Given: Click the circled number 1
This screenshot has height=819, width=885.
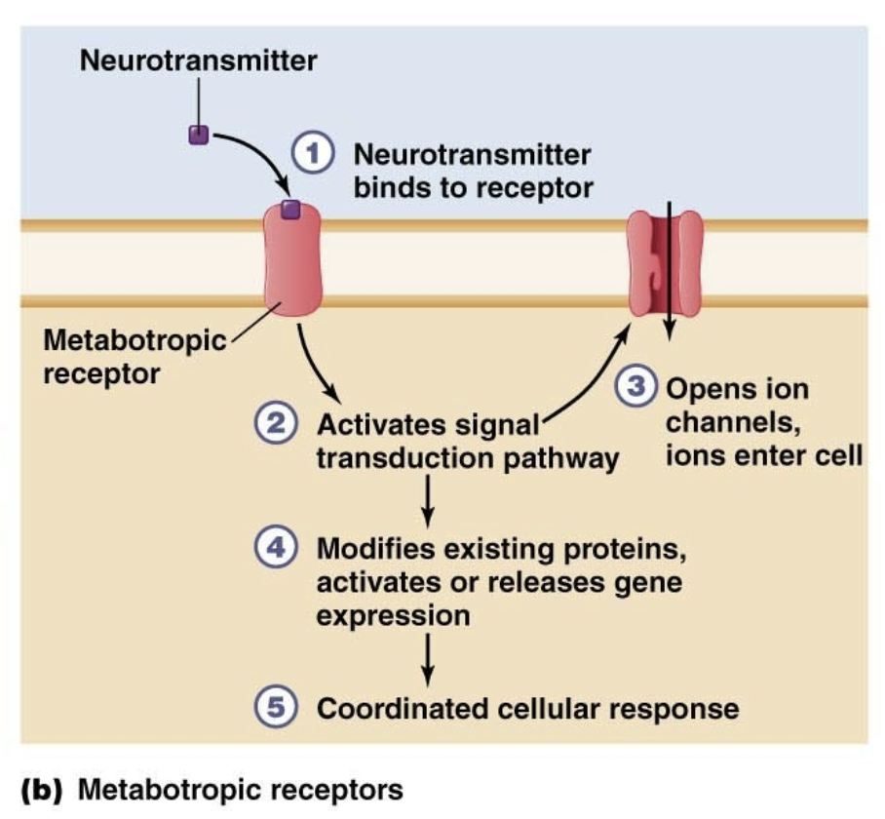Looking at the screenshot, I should [x=313, y=155].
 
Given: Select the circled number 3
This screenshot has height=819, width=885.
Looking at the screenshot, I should [x=635, y=387].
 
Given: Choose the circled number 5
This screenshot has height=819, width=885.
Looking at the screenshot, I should [x=275, y=707].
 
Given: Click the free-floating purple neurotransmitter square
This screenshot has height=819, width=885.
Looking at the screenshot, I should [x=199, y=134].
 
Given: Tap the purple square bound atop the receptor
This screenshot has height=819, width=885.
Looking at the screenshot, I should [x=290, y=208].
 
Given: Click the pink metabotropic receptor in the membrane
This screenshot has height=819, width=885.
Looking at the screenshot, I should [x=291, y=263].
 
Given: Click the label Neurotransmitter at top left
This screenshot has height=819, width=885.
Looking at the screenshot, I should [x=198, y=60].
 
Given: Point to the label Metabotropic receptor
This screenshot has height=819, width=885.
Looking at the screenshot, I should [x=135, y=357].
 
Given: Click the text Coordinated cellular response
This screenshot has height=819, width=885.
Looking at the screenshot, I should [x=527, y=708].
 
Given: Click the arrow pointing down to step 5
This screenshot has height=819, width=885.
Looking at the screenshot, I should [x=426, y=659].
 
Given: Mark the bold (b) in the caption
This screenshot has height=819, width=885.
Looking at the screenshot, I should [x=41, y=788].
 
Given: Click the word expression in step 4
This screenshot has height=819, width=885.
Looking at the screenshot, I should [x=393, y=616].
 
